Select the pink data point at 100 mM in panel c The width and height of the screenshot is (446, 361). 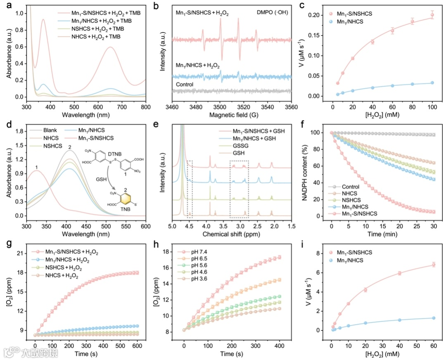tap(432, 15)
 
